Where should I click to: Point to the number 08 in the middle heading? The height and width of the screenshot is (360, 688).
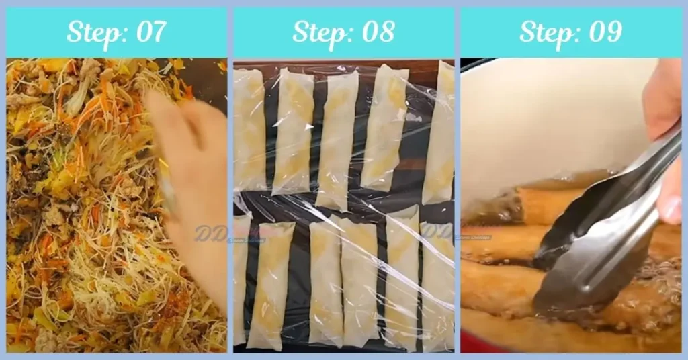click(x=377, y=32)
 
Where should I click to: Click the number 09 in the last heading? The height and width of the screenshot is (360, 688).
click(x=604, y=32)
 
